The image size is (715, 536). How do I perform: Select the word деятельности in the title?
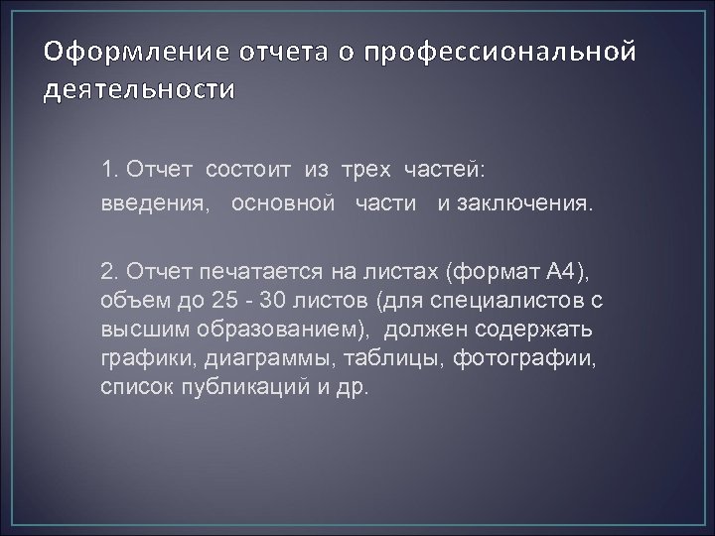click(x=138, y=91)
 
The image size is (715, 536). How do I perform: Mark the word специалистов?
click(x=502, y=301)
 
